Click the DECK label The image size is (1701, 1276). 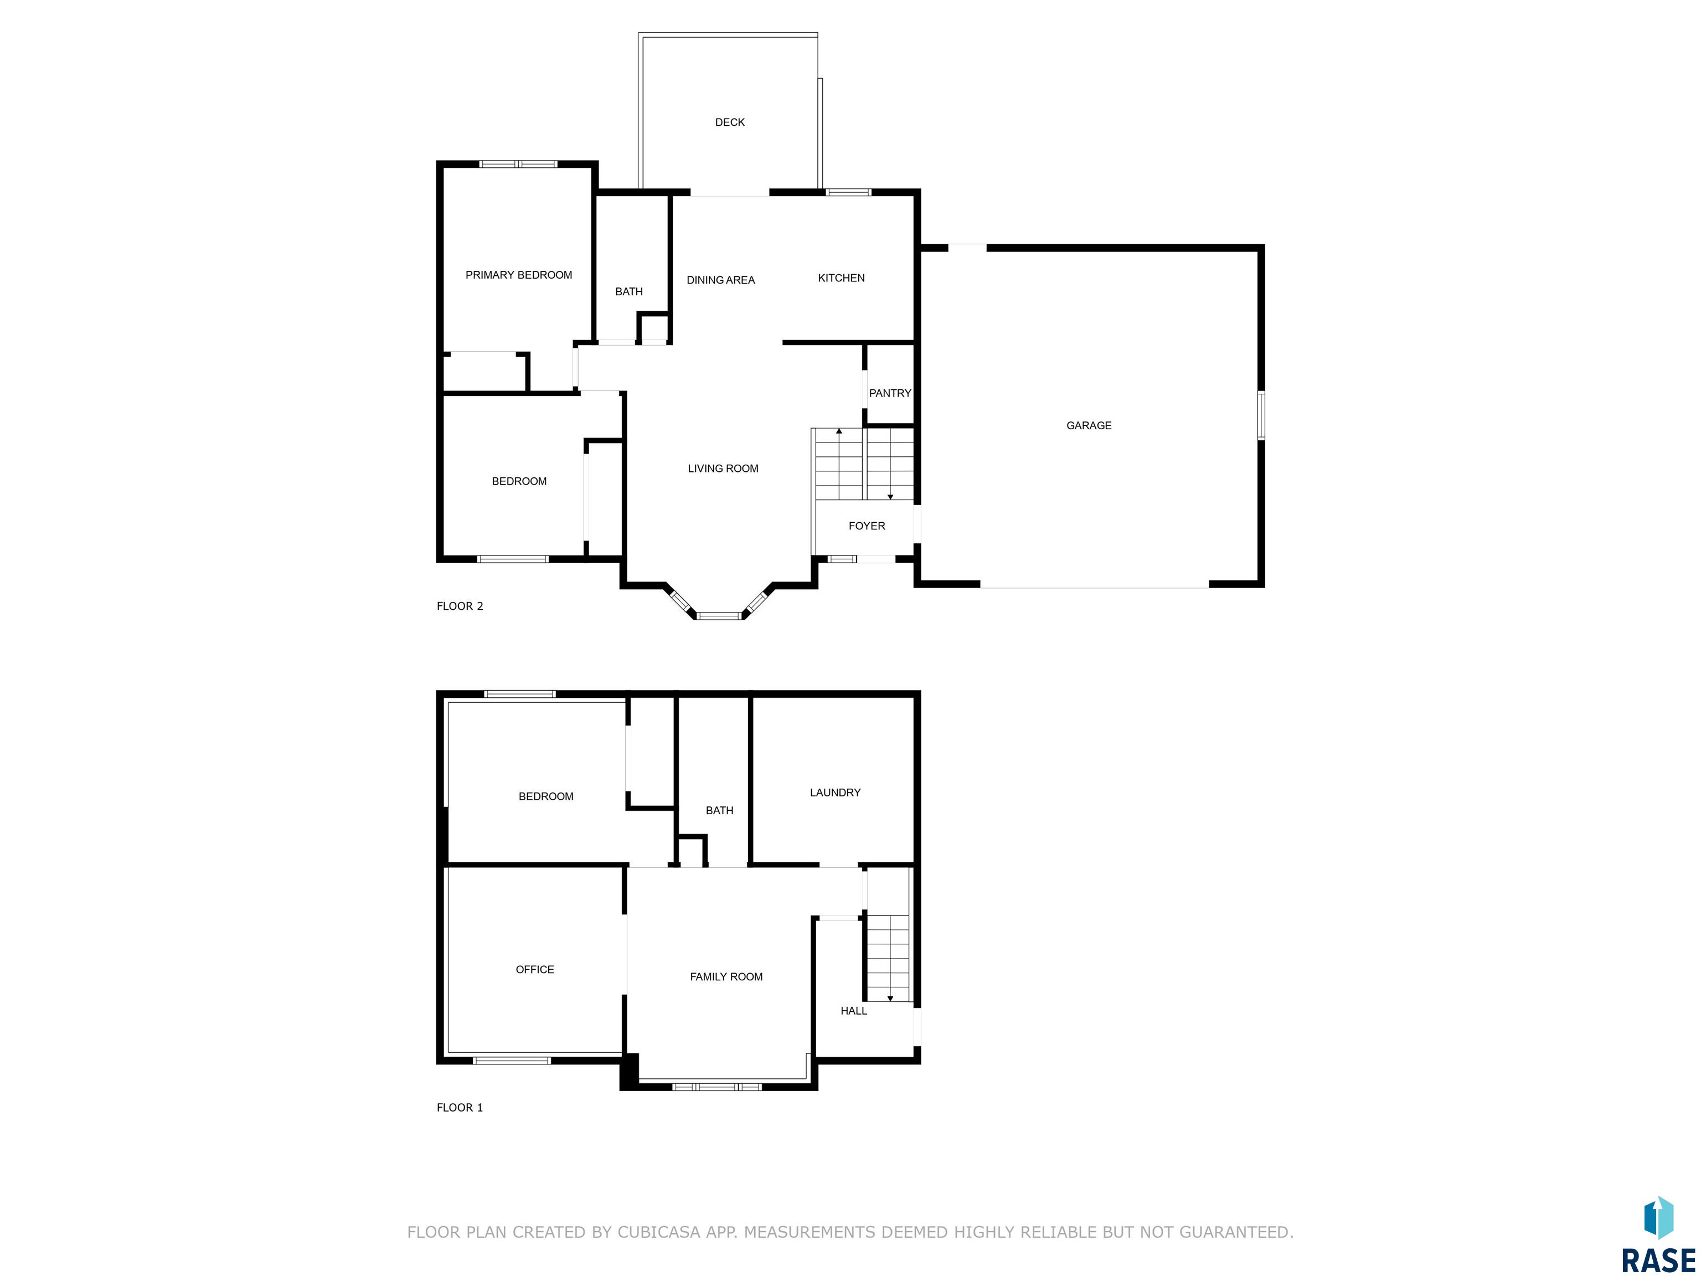pos(730,122)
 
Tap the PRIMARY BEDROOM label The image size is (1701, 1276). pos(518,275)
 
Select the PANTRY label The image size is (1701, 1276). pos(890,393)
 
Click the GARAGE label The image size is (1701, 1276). pos(1089,425)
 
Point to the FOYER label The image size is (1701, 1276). pos(867,526)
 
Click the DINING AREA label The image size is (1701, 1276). pos(720,280)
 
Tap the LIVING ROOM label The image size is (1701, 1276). pos(723,469)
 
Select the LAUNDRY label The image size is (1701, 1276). pos(835,792)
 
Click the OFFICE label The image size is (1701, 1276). pos(534,969)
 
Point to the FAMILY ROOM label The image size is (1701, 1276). pos(726,977)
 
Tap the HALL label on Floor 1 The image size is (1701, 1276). pos(854,1011)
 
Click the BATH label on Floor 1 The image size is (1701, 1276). pos(719,810)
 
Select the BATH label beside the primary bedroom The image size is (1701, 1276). pos(628,291)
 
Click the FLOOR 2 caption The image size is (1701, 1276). pos(460,606)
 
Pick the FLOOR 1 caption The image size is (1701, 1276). pos(460,1108)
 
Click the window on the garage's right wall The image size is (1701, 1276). pos(1261,415)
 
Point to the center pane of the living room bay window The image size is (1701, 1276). pos(719,615)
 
